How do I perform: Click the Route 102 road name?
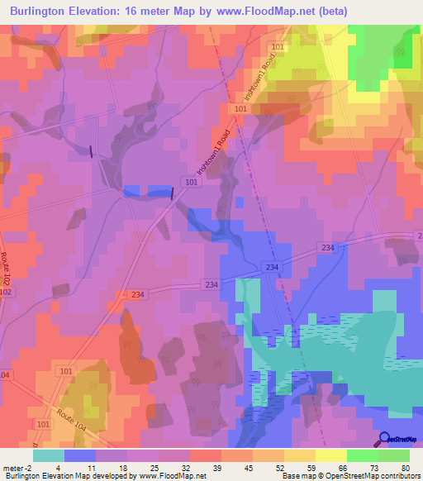coord(7,268)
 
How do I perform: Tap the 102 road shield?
coord(6,292)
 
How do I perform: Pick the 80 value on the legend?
coord(404,466)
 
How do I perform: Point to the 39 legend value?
coord(218,466)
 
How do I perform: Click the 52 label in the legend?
coord(279,466)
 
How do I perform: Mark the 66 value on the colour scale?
coord(342,466)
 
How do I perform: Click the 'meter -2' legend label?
coord(17,466)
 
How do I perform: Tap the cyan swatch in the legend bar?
coord(49,455)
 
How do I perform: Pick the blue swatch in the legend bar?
coord(80,455)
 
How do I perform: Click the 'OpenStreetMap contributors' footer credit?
coord(380,475)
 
